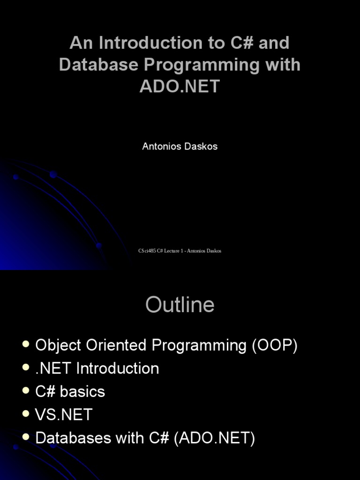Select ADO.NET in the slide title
click(x=180, y=87)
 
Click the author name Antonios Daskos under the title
click(x=180, y=146)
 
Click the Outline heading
click(x=180, y=305)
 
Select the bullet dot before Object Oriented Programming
click(x=26, y=345)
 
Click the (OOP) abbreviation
click(x=275, y=346)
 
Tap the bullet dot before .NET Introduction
click(x=26, y=368)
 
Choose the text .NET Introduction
click(x=97, y=368)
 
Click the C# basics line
click(x=70, y=392)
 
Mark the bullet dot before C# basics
click(x=26, y=391)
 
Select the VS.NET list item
click(x=64, y=415)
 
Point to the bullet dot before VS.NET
click(x=26, y=414)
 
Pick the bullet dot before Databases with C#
click(x=26, y=438)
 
